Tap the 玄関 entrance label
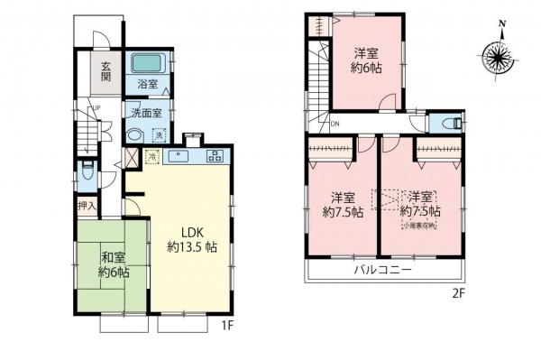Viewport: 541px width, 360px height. pyautogui.click(x=105, y=70)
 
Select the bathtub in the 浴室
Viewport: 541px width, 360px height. pyautogui.click(x=145, y=64)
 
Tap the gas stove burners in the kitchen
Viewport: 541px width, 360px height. pyautogui.click(x=215, y=155)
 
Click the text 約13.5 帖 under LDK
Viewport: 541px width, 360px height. pyautogui.click(x=191, y=245)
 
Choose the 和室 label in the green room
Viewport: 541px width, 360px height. pyautogui.click(x=115, y=256)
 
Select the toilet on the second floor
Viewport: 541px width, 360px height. pyautogui.click(x=452, y=124)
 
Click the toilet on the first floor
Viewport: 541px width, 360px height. pyautogui.click(x=85, y=171)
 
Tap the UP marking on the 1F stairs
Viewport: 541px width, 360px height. pyautogui.click(x=93, y=110)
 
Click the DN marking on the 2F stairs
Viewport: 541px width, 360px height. pyautogui.click(x=335, y=124)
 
